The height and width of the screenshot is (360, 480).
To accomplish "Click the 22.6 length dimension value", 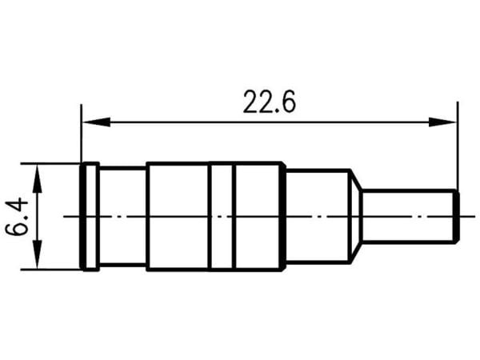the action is click(x=270, y=102).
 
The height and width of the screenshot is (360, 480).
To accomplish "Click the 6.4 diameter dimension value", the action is click(x=17, y=216).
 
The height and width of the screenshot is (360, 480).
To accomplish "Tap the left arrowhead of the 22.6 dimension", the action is click(x=97, y=122).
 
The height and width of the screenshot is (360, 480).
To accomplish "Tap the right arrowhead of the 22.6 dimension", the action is click(x=442, y=122).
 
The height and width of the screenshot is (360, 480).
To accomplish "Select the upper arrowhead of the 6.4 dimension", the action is click(x=38, y=178).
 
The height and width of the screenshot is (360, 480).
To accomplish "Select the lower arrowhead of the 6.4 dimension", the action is click(x=38, y=254).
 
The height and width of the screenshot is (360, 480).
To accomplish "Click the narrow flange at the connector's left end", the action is click(x=90, y=217).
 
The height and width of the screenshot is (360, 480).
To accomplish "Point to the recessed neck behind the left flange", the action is click(x=122, y=217).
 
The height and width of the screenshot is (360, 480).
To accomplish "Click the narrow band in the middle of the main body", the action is click(x=222, y=217).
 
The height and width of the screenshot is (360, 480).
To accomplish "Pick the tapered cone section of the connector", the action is click(x=356, y=217).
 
